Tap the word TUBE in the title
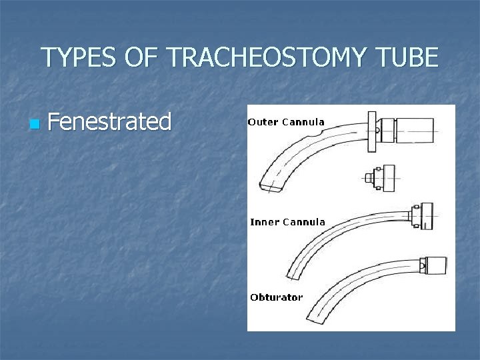(409, 58)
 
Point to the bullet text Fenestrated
(110, 121)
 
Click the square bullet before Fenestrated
(35, 124)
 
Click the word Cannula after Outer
(303, 122)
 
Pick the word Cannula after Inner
(304, 222)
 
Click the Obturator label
(276, 297)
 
